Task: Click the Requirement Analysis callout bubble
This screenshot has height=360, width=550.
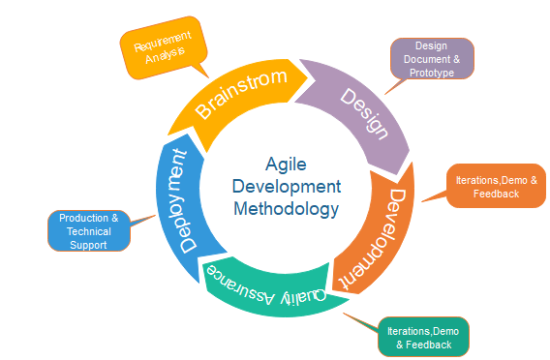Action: [x=164, y=46]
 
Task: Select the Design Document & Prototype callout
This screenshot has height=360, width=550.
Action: [x=431, y=59]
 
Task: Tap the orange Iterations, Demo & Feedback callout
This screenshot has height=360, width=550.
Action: [x=496, y=187]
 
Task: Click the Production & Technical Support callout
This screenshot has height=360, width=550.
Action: [x=88, y=231]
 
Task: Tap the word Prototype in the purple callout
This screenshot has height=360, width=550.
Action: [x=430, y=73]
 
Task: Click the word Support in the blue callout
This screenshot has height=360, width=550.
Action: [x=88, y=245]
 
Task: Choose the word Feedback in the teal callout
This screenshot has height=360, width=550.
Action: [x=429, y=345]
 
